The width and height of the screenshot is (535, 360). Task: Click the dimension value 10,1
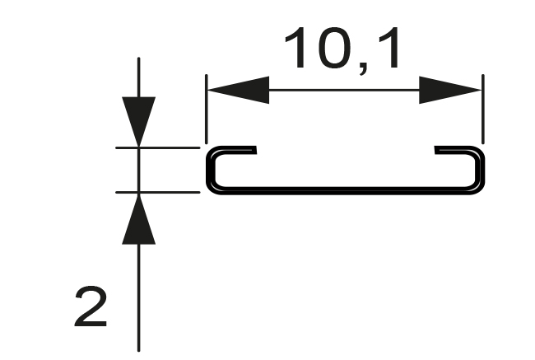click(x=343, y=49)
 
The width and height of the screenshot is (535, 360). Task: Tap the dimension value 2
click(x=91, y=306)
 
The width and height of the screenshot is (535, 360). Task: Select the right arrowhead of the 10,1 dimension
click(x=449, y=90)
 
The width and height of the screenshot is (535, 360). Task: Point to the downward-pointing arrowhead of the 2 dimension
click(x=138, y=120)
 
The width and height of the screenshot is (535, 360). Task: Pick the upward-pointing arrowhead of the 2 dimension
click(x=138, y=220)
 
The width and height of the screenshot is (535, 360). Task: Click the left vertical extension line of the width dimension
click(x=206, y=111)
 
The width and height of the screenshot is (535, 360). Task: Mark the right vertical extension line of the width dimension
click(x=482, y=111)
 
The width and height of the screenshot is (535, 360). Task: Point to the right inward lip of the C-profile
click(x=453, y=151)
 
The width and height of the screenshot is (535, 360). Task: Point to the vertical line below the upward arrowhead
click(x=138, y=297)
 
